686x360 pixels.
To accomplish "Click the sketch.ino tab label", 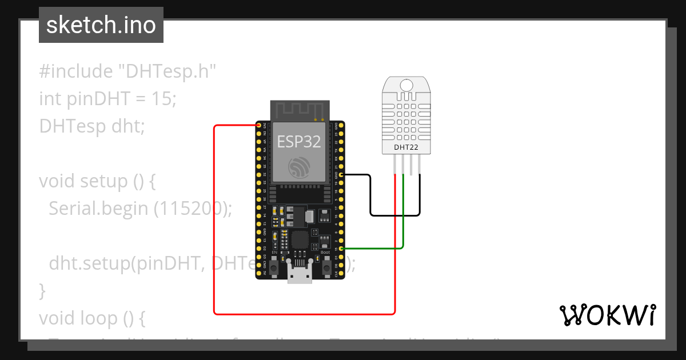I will [101, 25].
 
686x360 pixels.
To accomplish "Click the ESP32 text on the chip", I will [298, 141].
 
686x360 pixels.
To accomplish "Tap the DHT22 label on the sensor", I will [406, 147].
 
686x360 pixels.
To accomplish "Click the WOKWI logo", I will [607, 315].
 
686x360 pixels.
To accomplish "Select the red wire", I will [215, 229].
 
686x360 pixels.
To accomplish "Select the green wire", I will [404, 217].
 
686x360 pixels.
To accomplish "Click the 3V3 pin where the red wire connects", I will [259, 126].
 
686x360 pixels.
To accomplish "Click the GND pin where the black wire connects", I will [341, 174].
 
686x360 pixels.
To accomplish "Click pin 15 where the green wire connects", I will [341, 249].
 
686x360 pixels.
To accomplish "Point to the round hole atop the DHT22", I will [406, 85].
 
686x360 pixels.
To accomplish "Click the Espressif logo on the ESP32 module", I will [299, 166].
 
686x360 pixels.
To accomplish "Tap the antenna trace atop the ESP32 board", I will [300, 110].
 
